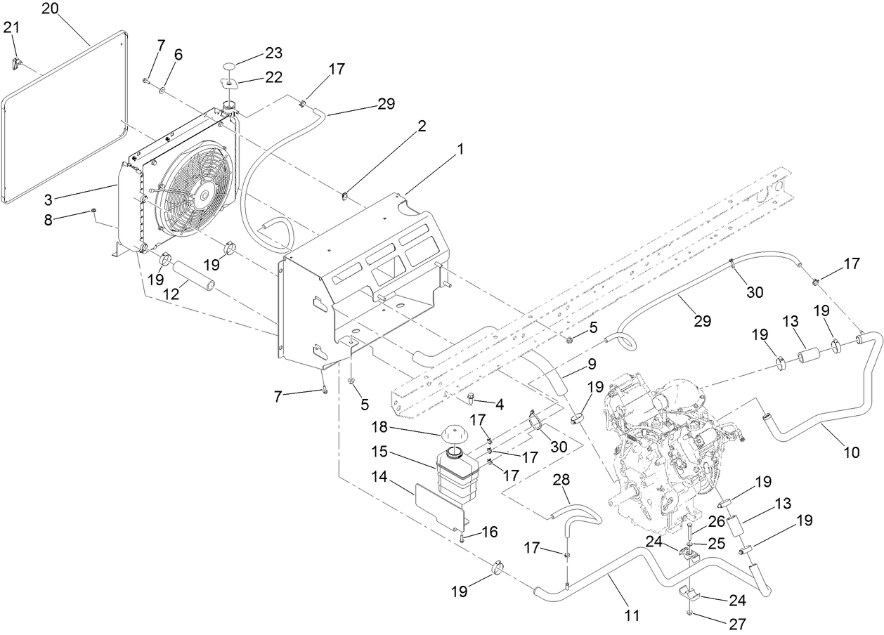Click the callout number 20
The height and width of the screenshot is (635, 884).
tap(51, 9)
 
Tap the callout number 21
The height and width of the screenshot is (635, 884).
tap(12, 27)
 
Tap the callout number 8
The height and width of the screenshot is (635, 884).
tap(48, 219)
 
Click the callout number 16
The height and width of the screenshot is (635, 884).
tap(489, 532)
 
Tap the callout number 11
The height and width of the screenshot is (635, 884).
tap(632, 616)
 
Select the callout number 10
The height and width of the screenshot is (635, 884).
tap(851, 453)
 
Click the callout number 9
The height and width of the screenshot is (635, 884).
tap(592, 365)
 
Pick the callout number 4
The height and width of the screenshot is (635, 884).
tap(500, 405)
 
